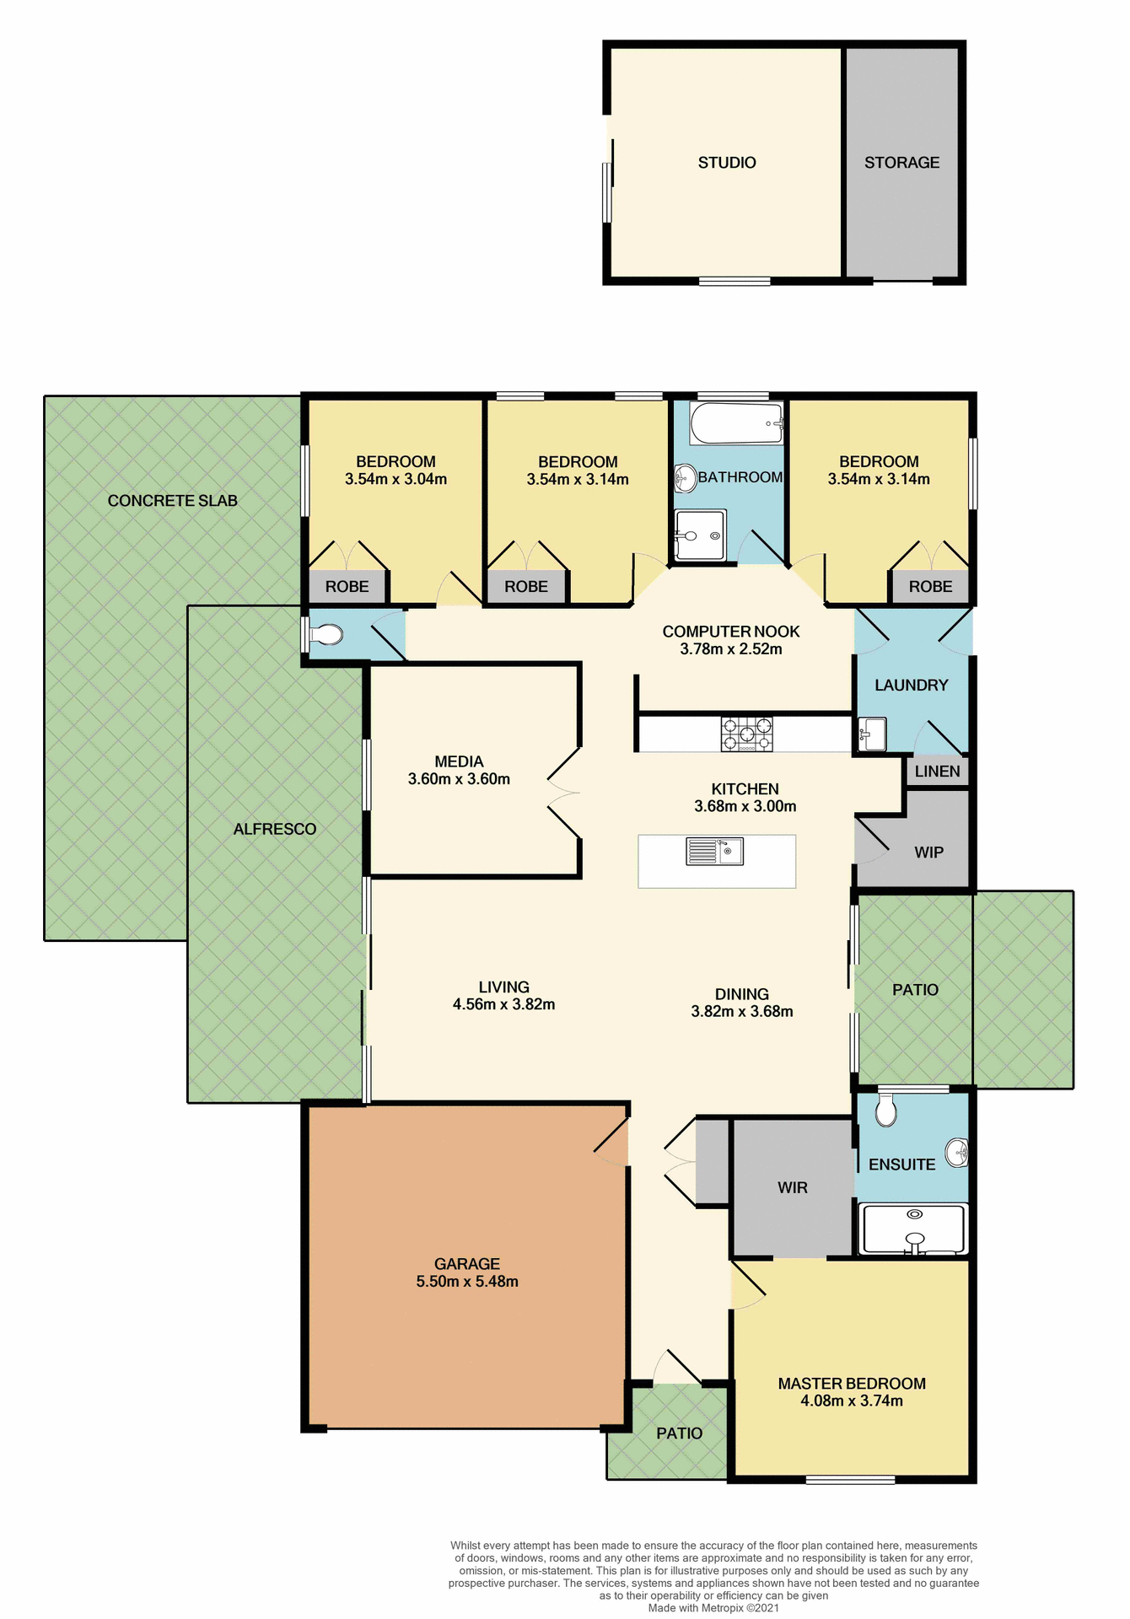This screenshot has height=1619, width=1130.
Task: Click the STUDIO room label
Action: tap(726, 163)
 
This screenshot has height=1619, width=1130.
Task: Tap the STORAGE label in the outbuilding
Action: tap(901, 163)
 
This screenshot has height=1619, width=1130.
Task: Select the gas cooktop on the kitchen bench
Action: tap(746, 734)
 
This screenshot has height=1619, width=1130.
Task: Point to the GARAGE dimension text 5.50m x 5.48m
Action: tap(467, 1282)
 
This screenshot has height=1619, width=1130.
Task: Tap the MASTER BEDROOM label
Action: tap(852, 1384)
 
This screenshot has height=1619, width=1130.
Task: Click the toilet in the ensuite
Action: tap(885, 1111)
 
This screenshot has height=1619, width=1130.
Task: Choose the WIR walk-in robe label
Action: tap(793, 1188)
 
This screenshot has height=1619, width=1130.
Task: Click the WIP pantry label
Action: tap(928, 853)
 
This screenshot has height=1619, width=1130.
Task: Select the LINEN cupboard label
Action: tap(937, 772)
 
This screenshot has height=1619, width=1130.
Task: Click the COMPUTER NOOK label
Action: tap(731, 632)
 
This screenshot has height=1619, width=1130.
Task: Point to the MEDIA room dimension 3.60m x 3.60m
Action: tap(459, 779)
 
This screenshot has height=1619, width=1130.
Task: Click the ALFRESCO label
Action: tap(275, 830)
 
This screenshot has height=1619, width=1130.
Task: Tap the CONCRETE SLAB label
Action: tap(173, 501)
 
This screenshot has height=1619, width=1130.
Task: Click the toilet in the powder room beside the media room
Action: tap(326, 634)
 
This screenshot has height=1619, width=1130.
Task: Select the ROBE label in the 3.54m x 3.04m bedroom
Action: tap(347, 587)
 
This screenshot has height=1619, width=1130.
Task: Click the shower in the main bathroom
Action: tap(700, 535)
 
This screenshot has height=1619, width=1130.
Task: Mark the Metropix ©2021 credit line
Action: tap(713, 1607)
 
